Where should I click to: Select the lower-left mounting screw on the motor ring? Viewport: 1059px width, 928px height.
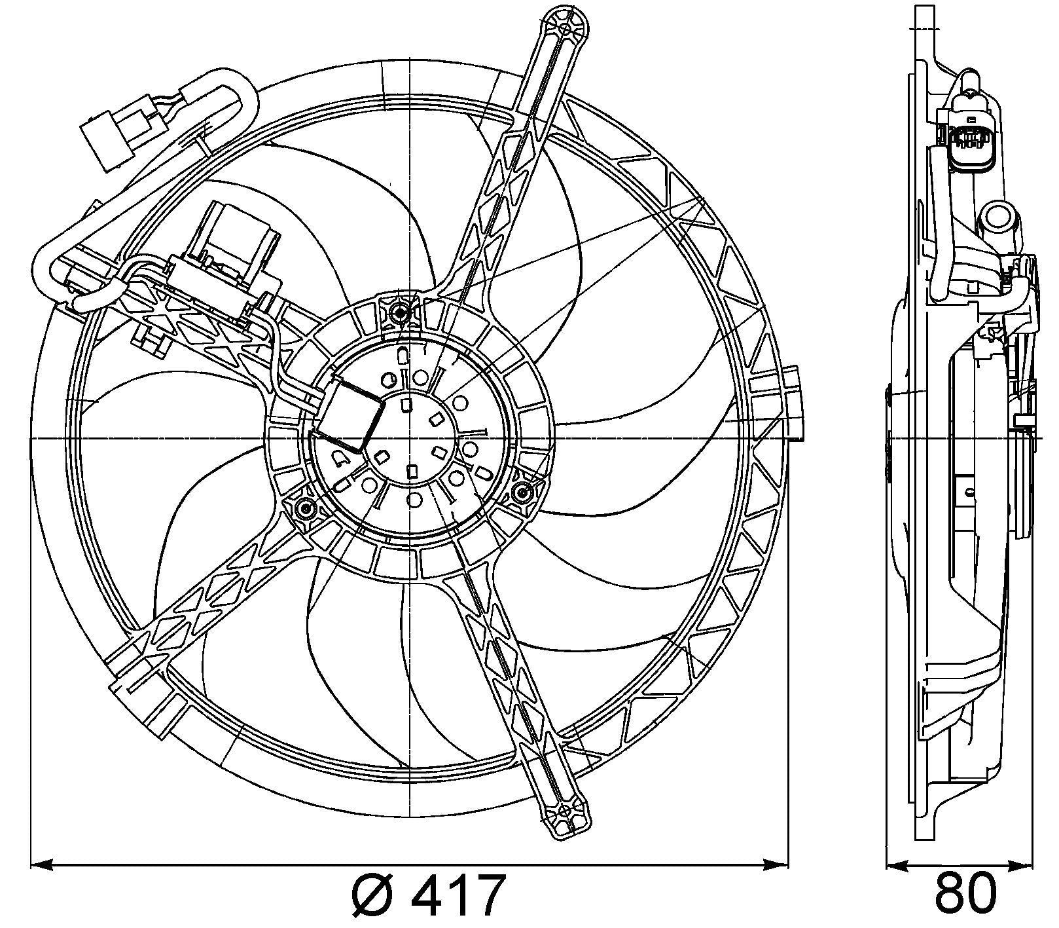click(304, 508)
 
